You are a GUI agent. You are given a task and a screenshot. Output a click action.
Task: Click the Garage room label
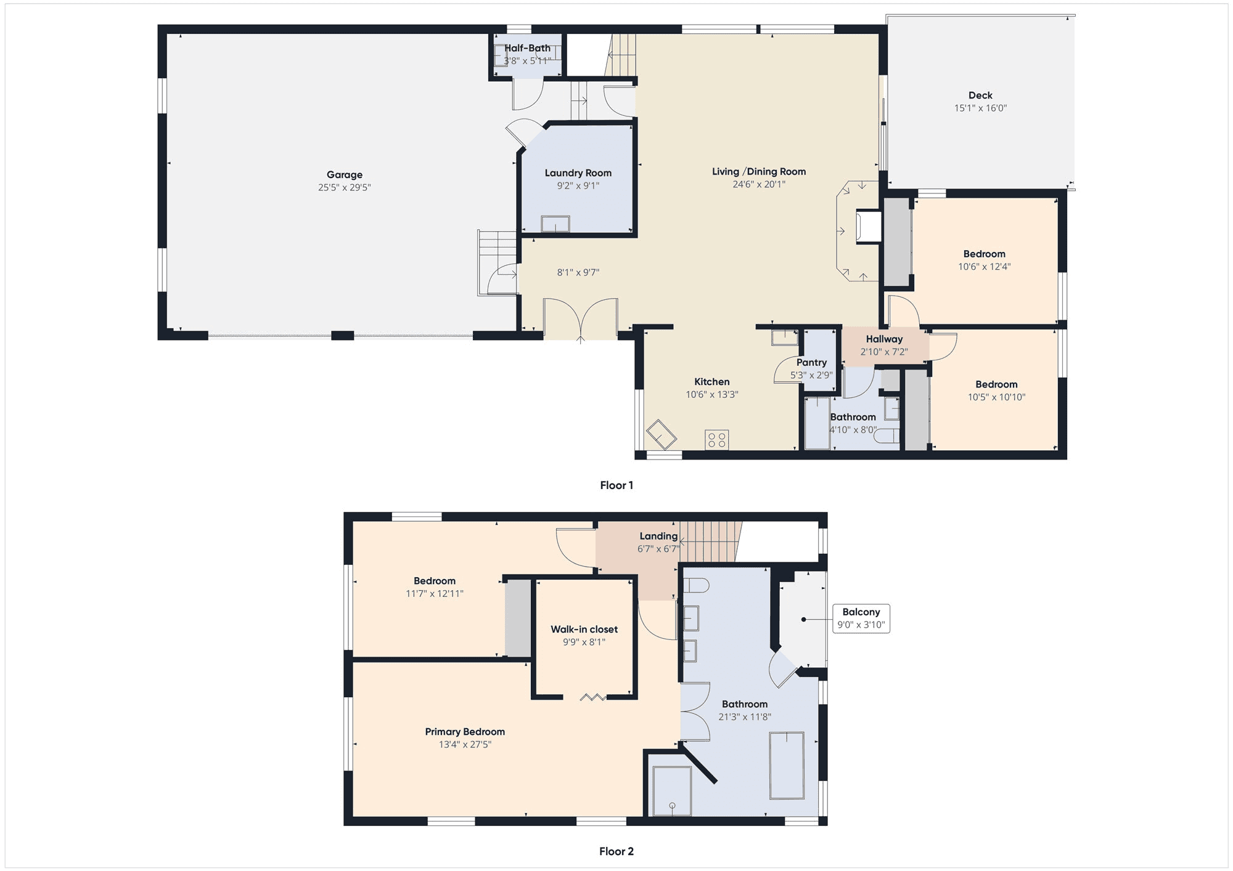pos(345,175)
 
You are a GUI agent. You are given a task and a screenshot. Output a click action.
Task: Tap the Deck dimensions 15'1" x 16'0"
pos(980,108)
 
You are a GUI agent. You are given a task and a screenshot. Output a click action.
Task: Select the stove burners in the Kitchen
pos(717,440)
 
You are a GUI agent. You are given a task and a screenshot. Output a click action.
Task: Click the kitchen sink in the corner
pos(661,434)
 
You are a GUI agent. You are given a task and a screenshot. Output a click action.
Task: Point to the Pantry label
pos(811,362)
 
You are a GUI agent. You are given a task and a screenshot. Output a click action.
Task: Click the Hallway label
pos(884,339)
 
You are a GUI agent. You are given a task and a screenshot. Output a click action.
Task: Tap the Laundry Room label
pos(578,173)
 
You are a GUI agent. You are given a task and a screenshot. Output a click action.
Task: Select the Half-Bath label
pos(528,48)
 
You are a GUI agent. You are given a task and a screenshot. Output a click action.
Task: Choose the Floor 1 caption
pos(616,485)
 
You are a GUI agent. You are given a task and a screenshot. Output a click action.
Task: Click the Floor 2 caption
pos(616,851)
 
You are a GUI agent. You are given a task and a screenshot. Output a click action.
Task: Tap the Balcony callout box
pos(861,618)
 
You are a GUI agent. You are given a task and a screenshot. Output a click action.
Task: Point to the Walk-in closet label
pos(584,630)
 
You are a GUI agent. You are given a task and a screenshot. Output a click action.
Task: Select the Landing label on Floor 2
pos(658,537)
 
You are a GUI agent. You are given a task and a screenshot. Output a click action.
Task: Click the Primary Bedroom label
pos(465,732)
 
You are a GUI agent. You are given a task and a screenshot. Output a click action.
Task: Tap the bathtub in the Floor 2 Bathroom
pos(787,766)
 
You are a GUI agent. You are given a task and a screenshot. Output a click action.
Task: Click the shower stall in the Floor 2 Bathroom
pos(672,791)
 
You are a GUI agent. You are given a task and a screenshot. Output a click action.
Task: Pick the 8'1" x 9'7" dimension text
pos(578,272)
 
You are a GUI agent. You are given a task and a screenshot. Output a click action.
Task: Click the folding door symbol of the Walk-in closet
pos(593,697)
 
